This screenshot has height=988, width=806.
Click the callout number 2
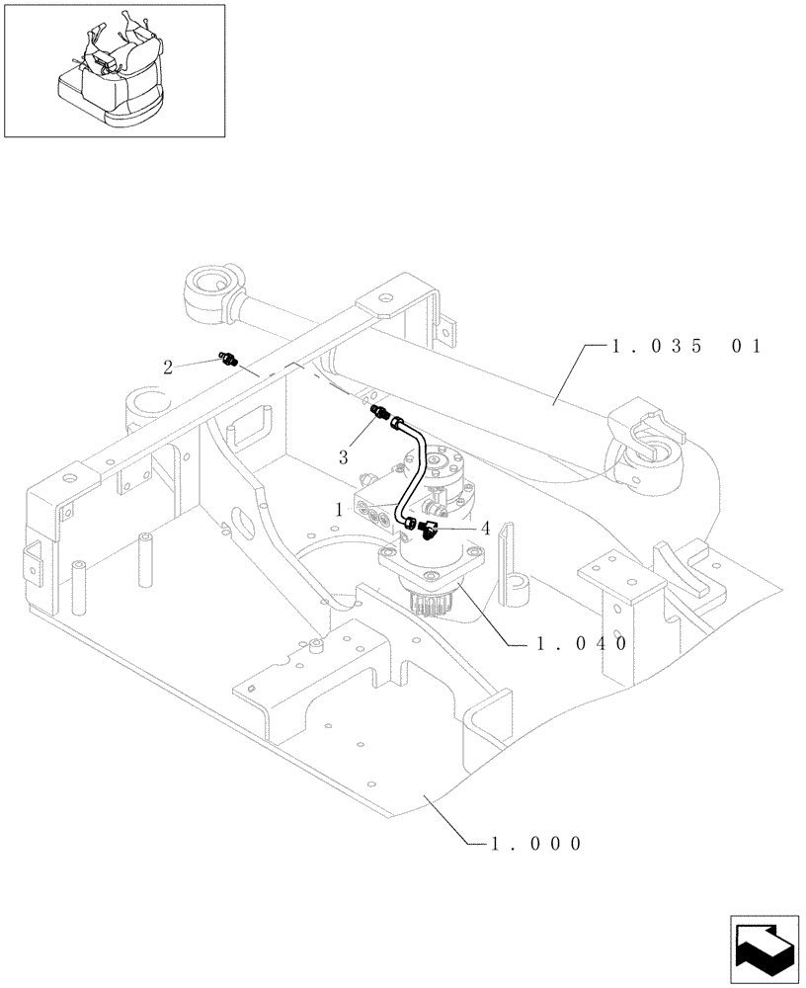pyautogui.click(x=168, y=367)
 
